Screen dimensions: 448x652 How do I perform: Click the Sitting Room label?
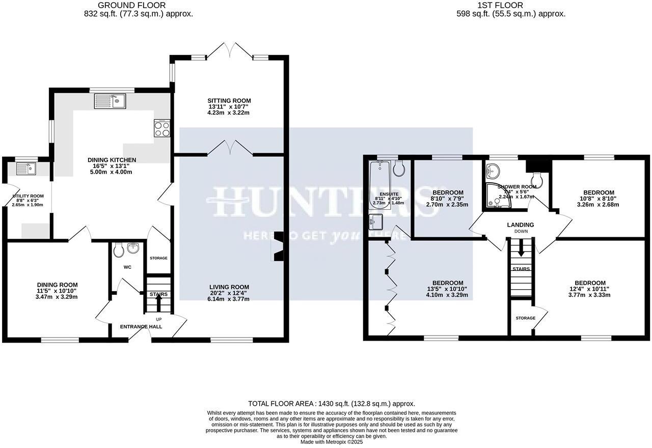229,100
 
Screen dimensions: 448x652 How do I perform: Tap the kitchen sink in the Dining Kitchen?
110,101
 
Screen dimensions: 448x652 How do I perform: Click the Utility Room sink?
25,168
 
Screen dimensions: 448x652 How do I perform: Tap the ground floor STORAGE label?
158,258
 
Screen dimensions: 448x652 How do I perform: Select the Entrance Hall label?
141,327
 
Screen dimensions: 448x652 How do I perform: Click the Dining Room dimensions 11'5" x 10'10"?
57,291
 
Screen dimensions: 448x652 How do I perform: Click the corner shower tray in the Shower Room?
497,195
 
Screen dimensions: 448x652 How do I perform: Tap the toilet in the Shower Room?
537,179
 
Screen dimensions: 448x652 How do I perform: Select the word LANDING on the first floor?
520,225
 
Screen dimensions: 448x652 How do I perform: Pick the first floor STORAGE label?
525,318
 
